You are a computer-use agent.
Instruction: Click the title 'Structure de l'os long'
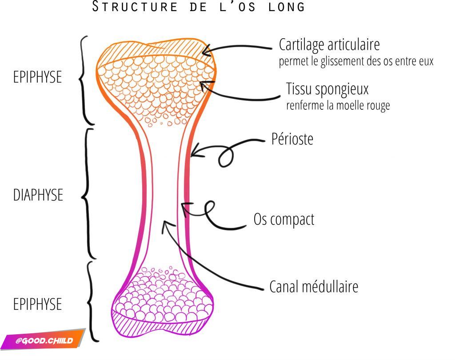coord(199,7)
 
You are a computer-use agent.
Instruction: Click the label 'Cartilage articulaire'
coord(329,44)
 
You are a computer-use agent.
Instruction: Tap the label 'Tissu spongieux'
coord(327,89)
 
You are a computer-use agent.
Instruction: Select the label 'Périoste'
coord(292,139)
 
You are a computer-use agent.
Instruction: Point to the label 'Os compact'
coord(283,219)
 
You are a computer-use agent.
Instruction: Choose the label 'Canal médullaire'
coord(314,287)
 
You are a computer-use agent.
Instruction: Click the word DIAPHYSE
coord(38,195)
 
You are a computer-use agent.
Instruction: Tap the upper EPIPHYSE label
coord(37,77)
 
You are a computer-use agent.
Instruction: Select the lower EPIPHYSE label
coord(37,304)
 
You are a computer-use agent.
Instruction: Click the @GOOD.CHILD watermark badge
coord(43,341)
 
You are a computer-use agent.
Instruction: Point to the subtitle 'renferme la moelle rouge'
coord(338,106)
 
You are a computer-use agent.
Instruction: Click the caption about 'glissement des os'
coord(355,61)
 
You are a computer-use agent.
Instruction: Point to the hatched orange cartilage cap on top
coord(156,52)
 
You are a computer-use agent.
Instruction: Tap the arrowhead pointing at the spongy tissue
coord(204,84)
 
